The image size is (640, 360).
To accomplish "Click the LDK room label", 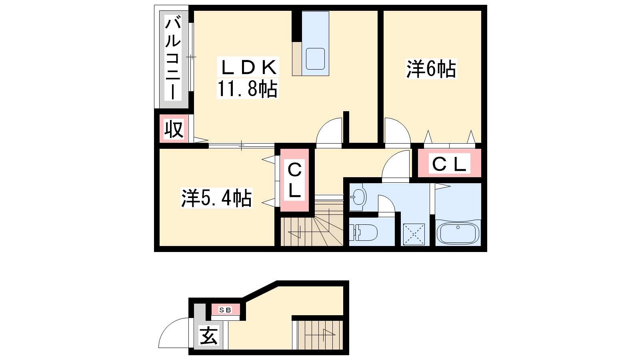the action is coord(248,68).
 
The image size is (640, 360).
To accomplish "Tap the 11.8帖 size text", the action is coord(248,89).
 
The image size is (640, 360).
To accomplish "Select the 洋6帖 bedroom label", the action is coord(431,69).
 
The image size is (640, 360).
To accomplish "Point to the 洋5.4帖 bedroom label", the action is coord(216,198).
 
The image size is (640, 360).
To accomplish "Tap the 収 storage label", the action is coord(174,130).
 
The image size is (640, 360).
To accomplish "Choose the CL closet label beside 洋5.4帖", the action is coord(294,180).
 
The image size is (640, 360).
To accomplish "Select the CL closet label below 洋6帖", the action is coord(449,164).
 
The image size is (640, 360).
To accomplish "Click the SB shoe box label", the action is coord(225,310).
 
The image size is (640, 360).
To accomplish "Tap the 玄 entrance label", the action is coord(208,336).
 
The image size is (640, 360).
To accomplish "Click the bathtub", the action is coord(458,234).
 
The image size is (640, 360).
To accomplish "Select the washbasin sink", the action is coord(358,197).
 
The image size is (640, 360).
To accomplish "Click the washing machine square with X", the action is coord(414,234).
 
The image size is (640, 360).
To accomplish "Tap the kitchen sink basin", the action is coord(316,59).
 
